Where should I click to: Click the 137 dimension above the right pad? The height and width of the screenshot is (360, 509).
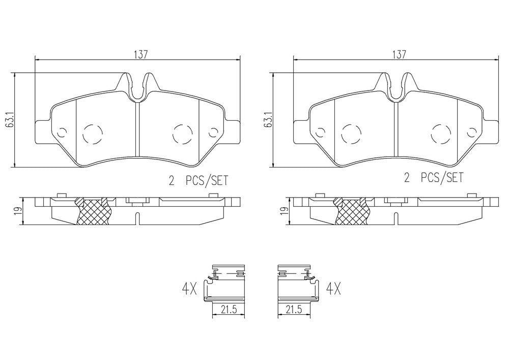tap(399, 54)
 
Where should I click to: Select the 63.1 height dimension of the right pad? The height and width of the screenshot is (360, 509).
tap(269, 120)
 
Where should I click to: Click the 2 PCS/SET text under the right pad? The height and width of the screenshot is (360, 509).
tap(434, 178)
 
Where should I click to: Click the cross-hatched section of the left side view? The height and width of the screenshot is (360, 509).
tap(93, 210)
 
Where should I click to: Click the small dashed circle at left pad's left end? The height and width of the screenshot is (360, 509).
tap(62, 132)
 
